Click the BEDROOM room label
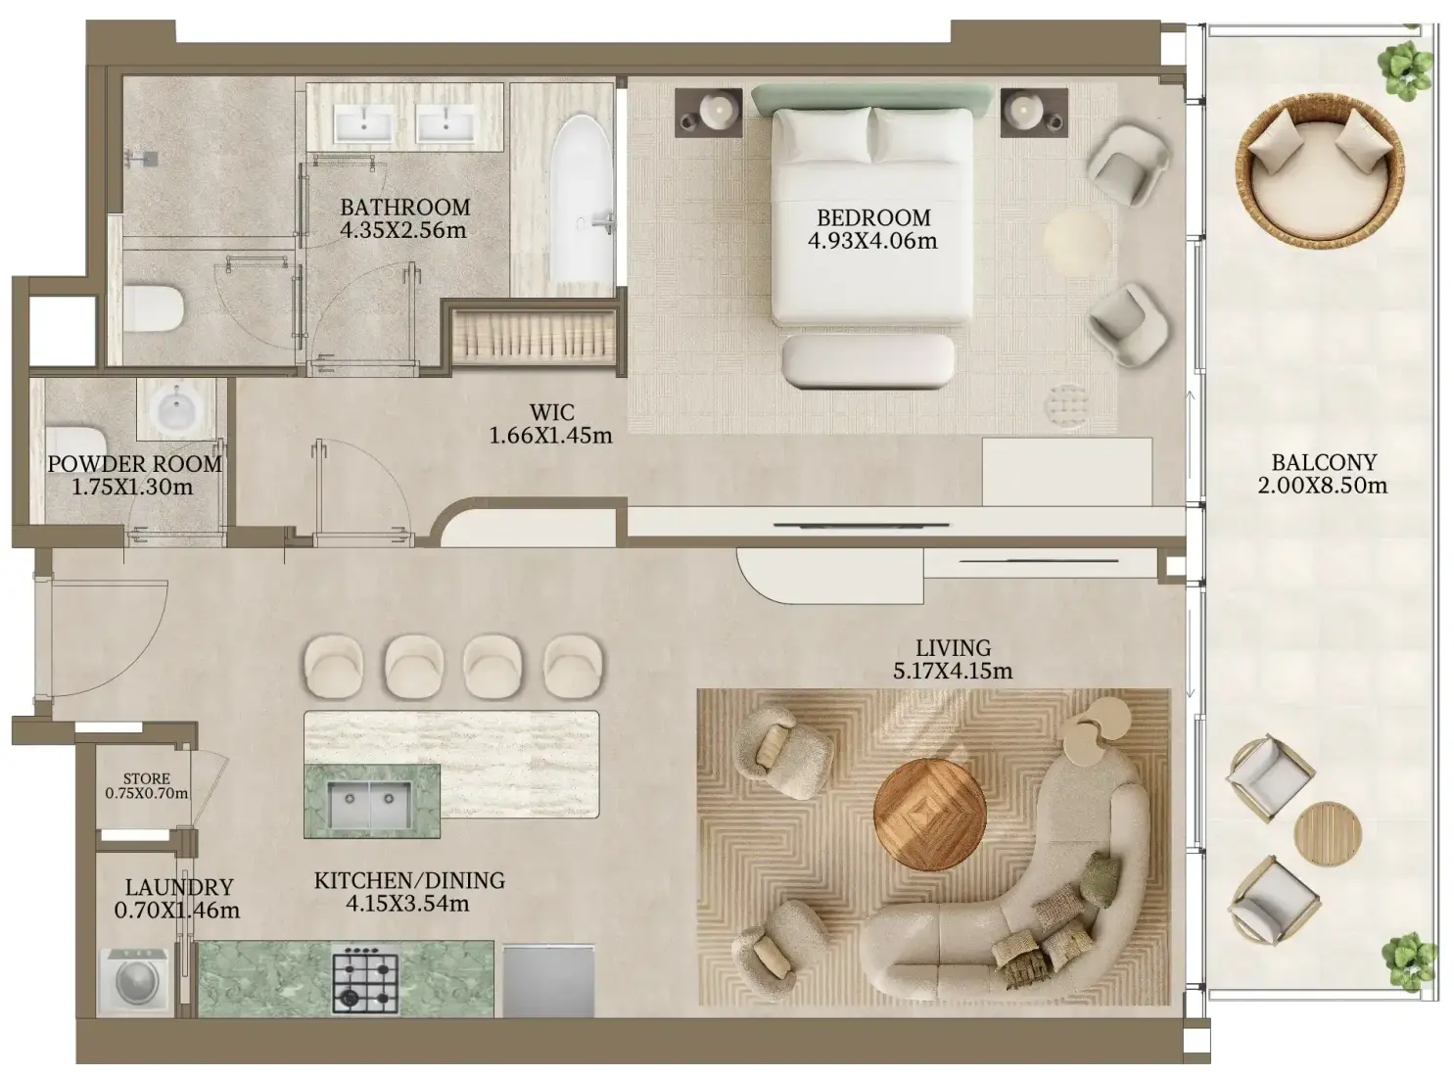(x=873, y=217)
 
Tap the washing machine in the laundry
(x=133, y=981)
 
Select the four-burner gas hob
(x=365, y=979)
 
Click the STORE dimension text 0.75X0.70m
(x=147, y=794)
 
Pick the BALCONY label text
(x=1324, y=463)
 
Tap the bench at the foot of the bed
(x=868, y=361)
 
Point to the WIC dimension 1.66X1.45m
(x=550, y=436)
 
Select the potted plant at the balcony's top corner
(x=1405, y=70)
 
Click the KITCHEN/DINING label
(x=409, y=880)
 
